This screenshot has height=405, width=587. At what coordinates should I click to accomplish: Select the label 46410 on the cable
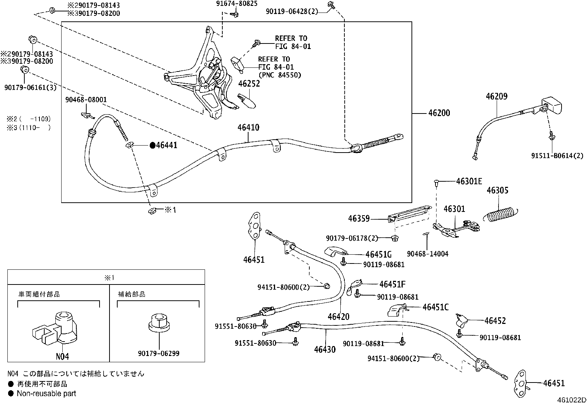click(248, 128)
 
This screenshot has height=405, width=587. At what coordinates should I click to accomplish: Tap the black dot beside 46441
click(152, 146)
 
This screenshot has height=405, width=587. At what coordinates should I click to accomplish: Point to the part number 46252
click(249, 84)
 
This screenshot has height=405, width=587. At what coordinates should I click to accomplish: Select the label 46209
click(496, 97)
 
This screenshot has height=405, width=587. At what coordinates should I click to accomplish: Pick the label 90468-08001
click(86, 99)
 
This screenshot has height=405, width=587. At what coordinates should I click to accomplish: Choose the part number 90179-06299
click(159, 354)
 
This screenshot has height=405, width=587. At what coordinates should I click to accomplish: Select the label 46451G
click(378, 255)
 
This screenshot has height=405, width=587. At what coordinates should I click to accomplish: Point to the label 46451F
click(392, 284)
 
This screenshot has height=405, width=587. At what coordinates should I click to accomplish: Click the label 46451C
click(435, 307)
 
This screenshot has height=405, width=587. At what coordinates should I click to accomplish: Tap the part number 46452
click(495, 321)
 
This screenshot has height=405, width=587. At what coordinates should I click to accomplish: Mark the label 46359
click(359, 219)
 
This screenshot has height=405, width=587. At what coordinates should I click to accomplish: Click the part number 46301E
click(469, 181)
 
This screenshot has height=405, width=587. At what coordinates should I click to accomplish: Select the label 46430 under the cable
click(325, 349)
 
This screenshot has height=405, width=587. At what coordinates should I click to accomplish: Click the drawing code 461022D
click(571, 400)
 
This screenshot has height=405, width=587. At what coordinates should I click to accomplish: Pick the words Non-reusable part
click(46, 394)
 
